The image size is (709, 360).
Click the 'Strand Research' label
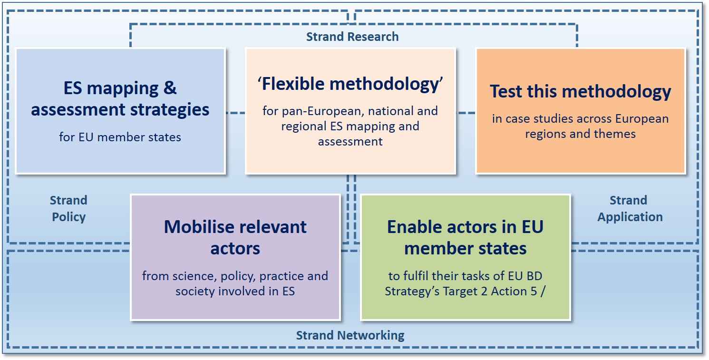[352, 37]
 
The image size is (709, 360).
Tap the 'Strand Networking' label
[350, 336]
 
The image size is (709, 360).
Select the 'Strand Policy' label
[68, 209]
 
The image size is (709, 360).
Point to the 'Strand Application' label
[630, 209]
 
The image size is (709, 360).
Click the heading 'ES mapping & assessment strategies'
[120, 99]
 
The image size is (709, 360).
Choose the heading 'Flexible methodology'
[350, 84]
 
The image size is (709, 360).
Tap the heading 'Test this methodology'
[581, 91]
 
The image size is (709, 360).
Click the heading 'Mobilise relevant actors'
[235, 237]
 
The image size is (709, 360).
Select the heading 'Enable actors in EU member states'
[465, 237]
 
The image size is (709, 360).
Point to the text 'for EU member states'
[120, 137]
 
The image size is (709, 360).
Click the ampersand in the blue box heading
[170, 88]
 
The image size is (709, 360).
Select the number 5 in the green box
[534, 292]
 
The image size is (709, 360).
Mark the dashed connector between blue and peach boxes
[235, 113]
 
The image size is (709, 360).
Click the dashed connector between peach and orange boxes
[466, 113]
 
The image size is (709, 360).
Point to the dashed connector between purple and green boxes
[351, 251]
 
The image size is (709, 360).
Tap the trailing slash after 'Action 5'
[543, 292]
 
